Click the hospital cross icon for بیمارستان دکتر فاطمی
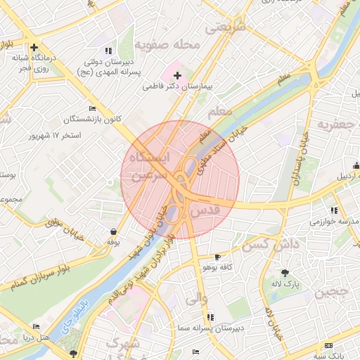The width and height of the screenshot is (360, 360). pyautogui.click(x=177, y=75)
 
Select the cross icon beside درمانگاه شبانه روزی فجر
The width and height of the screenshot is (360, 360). pyautogui.click(x=34, y=48)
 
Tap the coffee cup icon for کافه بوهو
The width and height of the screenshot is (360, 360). pyautogui.click(x=217, y=257)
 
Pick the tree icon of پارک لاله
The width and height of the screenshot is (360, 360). pyautogui.click(x=285, y=272)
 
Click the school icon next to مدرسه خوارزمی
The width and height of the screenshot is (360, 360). pyautogui.click(x=333, y=210)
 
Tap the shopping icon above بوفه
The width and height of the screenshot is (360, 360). pyautogui.click(x=113, y=231)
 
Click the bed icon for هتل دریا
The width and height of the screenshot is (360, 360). pyautogui.click(x=36, y=327)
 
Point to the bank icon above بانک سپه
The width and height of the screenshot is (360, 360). pyautogui.click(x=329, y=345)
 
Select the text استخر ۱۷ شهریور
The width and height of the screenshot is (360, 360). pyautogui.click(x=51, y=134)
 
